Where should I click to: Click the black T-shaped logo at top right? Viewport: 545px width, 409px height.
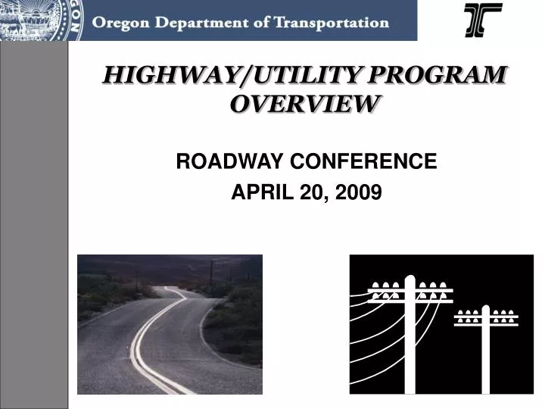tap(483, 20)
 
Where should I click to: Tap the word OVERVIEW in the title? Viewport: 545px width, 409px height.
tap(304, 104)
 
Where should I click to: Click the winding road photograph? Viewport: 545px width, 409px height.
tap(170, 324)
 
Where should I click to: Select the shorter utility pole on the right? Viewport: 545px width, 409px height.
tap(486, 356)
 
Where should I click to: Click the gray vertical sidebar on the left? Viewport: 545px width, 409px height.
tap(34, 227)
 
